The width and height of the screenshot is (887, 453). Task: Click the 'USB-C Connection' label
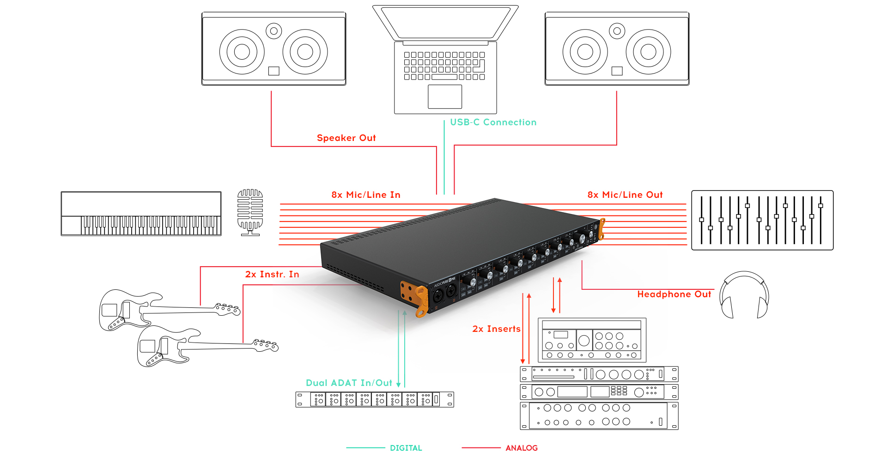coord(493,122)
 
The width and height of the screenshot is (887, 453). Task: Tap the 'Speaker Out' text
coord(346,138)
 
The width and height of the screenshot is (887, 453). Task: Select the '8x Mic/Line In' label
coord(365,195)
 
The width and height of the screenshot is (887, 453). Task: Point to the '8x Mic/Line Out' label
coord(625,195)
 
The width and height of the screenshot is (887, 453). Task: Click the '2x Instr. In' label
coord(272,275)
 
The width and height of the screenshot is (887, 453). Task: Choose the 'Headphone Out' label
coord(674,294)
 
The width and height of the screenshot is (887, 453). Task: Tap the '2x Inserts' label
coord(496,329)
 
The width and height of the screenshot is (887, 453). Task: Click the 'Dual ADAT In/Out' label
coord(349,383)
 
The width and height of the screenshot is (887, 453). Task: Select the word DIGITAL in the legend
coord(406,448)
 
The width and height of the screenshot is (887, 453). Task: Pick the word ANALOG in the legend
coord(521,448)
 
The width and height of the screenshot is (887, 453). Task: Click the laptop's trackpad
coord(444,97)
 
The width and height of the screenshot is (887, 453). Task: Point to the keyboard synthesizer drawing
coord(141,214)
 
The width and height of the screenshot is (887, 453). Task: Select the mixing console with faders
coord(762,220)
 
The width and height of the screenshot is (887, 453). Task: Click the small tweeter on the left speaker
coord(274,31)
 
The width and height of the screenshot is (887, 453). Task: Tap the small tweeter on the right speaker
coord(617,31)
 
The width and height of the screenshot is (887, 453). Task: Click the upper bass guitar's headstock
coord(228,309)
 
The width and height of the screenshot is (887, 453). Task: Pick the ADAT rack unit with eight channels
coord(374,399)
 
